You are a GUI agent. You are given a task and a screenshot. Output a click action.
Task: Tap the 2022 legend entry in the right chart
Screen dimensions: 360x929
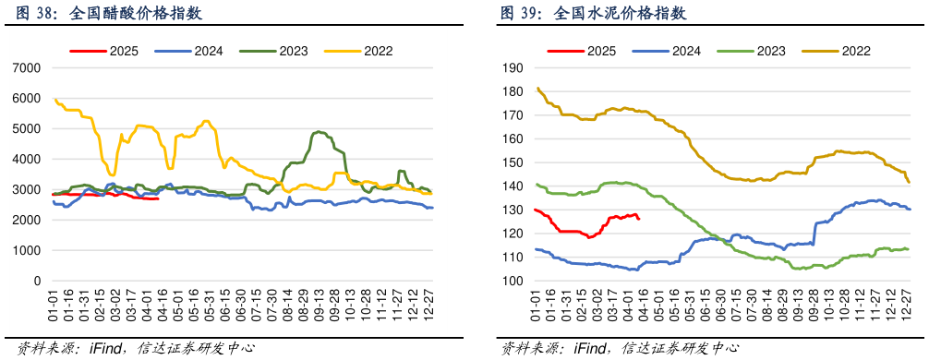pyautogui.click(x=839, y=52)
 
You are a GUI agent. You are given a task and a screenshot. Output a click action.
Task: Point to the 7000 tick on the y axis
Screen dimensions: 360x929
pyautogui.click(x=28, y=68)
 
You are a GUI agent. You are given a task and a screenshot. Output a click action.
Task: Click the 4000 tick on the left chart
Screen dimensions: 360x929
pyautogui.click(x=28, y=160)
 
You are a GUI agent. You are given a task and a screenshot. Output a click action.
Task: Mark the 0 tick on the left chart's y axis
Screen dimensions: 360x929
pyautogui.click(x=38, y=282)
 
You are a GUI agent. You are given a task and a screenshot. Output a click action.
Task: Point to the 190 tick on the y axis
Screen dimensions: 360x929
pyautogui.click(x=513, y=68)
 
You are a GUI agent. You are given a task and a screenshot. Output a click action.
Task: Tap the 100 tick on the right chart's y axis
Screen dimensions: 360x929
pyautogui.click(x=513, y=282)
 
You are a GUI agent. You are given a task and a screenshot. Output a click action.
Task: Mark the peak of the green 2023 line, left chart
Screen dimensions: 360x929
pyautogui.click(x=319, y=132)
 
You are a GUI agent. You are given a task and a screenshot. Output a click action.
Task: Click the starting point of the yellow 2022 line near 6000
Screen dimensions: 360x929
pyautogui.click(x=54, y=99)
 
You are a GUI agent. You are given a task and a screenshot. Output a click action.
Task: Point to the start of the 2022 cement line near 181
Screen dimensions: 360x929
pyautogui.click(x=537, y=89)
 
